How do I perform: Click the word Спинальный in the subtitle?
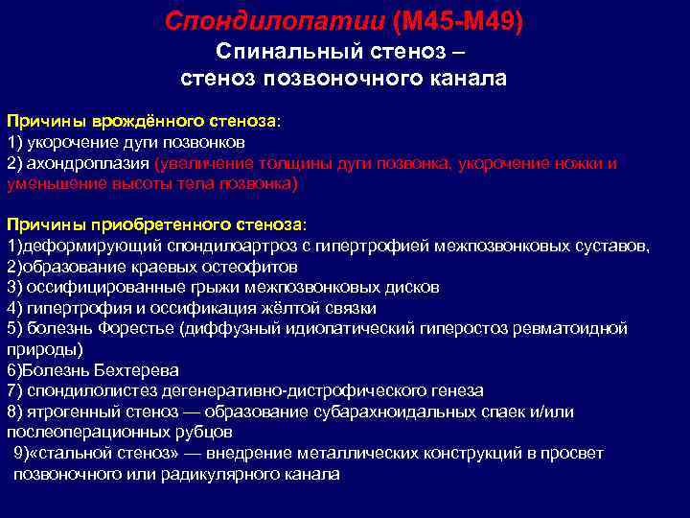[287, 50]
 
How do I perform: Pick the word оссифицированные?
[98, 287]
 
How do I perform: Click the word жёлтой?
[285, 308]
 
